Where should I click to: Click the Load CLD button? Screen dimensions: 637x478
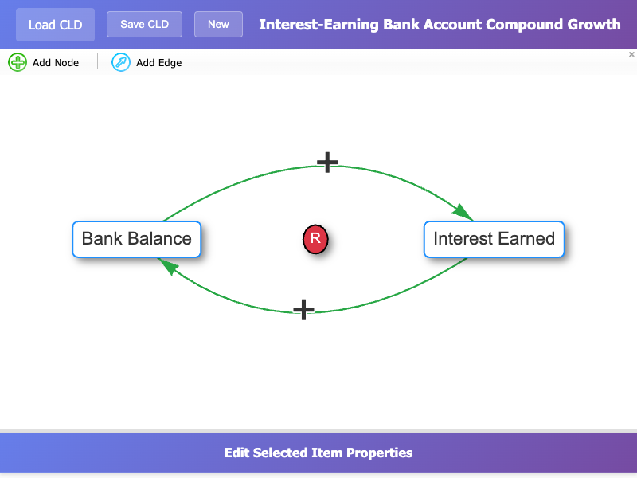pyautogui.click(x=55, y=25)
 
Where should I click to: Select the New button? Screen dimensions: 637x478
pyautogui.click(x=218, y=25)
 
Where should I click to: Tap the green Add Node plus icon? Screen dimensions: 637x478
pyautogui.click(x=18, y=62)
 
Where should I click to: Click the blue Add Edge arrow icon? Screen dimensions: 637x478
pyautogui.click(x=121, y=62)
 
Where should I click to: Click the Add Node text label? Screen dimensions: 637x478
pyautogui.click(x=56, y=63)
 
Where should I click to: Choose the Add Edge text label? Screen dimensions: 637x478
pyautogui.click(x=158, y=63)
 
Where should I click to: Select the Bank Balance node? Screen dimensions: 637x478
pyautogui.click(x=136, y=239)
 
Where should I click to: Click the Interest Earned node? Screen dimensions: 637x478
pyautogui.click(x=494, y=239)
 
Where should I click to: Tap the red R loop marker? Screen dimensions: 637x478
pyautogui.click(x=315, y=239)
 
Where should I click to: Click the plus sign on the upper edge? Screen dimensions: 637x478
pyautogui.click(x=327, y=163)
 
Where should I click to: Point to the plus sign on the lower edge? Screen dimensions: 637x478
pyautogui.click(x=304, y=310)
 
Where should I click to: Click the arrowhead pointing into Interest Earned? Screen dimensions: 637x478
pyautogui.click(x=463, y=213)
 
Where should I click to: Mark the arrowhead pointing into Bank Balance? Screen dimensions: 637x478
pyautogui.click(x=168, y=266)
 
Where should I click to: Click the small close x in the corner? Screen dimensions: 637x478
pyautogui.click(x=631, y=54)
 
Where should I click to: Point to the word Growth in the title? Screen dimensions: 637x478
pyautogui.click(x=594, y=25)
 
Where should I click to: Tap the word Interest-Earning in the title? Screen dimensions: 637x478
pyautogui.click(x=319, y=25)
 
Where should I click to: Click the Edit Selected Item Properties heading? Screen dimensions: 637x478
pyautogui.click(x=318, y=453)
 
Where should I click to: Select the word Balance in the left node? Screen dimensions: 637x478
pyautogui.click(x=159, y=238)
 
